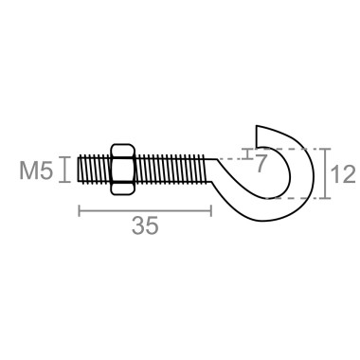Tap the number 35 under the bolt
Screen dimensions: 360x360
[144, 226]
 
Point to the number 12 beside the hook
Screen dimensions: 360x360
[343, 173]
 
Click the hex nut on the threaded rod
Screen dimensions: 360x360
[122, 170]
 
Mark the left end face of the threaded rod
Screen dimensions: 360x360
[79, 170]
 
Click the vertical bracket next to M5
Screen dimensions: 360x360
[63, 170]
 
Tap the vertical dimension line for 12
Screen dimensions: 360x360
[324, 173]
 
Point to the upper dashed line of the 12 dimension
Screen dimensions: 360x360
[303, 149]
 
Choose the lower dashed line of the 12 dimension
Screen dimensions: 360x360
[303, 198]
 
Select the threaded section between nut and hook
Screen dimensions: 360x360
[171, 170]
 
